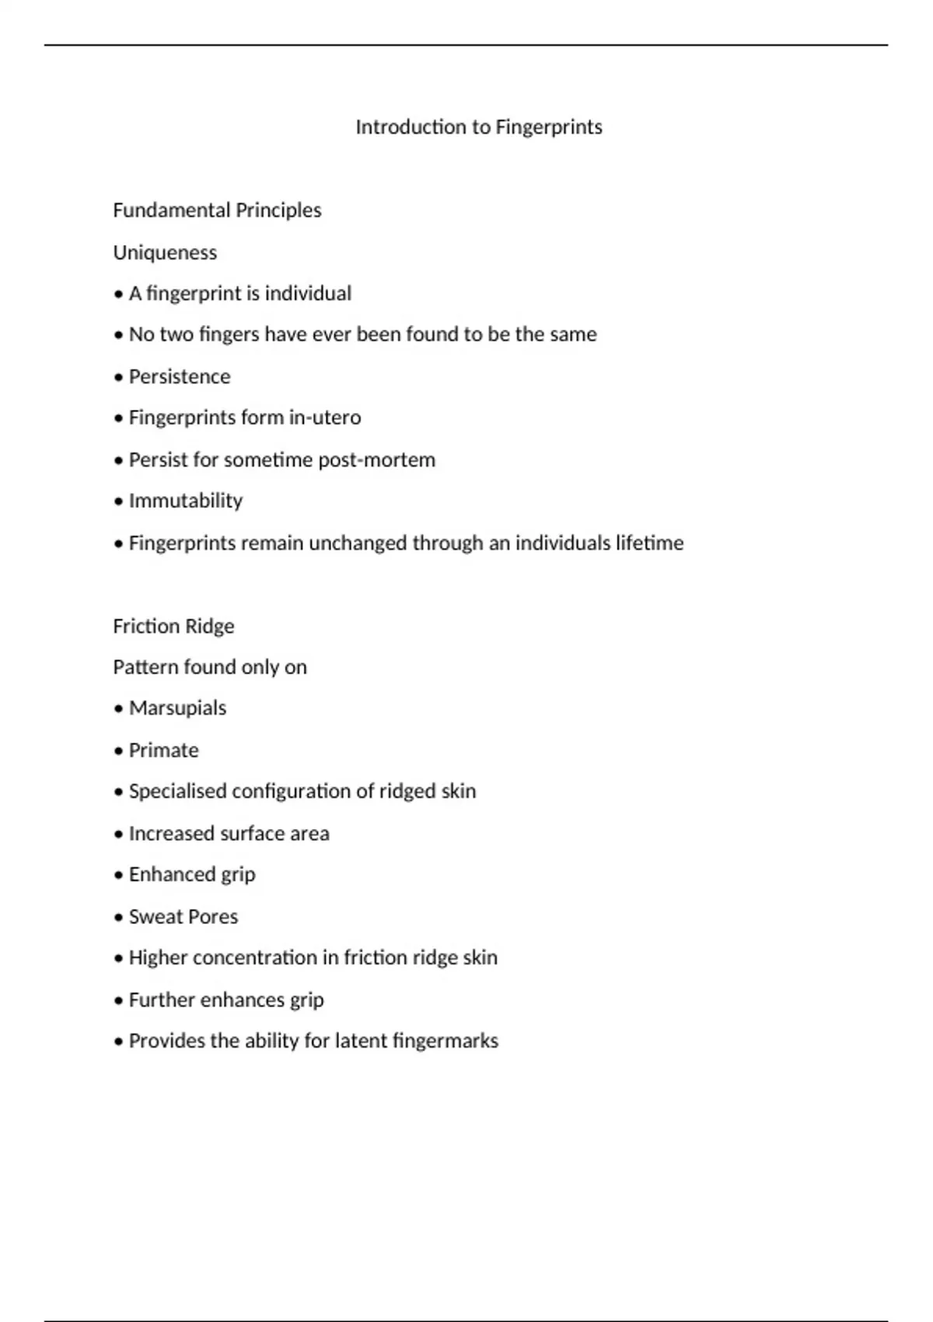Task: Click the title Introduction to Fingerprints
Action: click(479, 127)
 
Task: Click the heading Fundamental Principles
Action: click(217, 210)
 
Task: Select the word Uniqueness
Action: click(165, 252)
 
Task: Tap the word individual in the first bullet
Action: click(309, 293)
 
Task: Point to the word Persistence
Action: click(180, 376)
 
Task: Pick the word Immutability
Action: click(186, 501)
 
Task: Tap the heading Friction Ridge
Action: click(173, 626)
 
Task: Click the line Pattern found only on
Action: click(210, 667)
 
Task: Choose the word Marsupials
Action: click(177, 708)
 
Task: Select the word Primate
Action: click(164, 750)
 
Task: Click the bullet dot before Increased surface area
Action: click(118, 834)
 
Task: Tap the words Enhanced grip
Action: click(192, 875)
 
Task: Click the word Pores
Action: click(212, 917)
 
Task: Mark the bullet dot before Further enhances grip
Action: click(118, 1000)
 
